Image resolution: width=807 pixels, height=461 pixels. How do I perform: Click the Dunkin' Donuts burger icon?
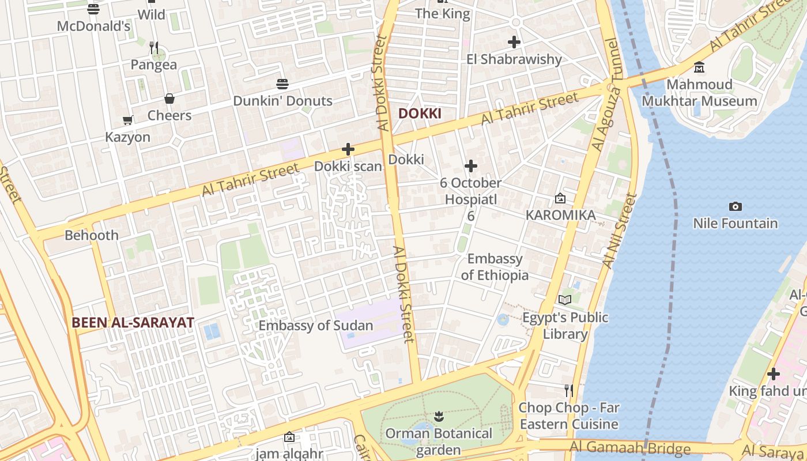pos(282,84)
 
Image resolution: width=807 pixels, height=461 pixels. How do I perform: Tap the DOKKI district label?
pos(420,114)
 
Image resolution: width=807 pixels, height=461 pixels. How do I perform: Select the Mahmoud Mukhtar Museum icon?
pos(699,67)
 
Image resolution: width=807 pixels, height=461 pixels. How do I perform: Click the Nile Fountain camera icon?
pos(735,206)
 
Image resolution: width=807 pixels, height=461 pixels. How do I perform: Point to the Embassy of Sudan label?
pos(315,326)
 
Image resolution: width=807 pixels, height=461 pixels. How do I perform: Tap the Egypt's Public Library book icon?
pos(565,300)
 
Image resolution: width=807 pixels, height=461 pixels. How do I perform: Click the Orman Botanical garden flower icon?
pos(439,416)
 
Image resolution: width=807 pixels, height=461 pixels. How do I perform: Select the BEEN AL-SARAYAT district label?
pos(133,323)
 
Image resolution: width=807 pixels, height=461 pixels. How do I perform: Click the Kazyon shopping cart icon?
pos(127,120)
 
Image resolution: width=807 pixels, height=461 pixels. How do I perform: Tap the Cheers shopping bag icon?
pos(169,99)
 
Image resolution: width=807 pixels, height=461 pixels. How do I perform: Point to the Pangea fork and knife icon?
pos(153,47)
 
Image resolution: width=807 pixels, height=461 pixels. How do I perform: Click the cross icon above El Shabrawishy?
pos(514,42)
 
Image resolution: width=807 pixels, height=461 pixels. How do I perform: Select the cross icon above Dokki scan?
pos(348,149)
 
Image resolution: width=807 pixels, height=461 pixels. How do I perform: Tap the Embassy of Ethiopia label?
pos(495,267)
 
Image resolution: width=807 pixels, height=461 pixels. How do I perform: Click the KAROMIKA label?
pos(560,215)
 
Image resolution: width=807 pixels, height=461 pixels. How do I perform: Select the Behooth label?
pos(92,235)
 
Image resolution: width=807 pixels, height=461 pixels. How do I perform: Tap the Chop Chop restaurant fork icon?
pos(568,391)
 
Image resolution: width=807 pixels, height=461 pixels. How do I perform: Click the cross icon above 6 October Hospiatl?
pos(471,167)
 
